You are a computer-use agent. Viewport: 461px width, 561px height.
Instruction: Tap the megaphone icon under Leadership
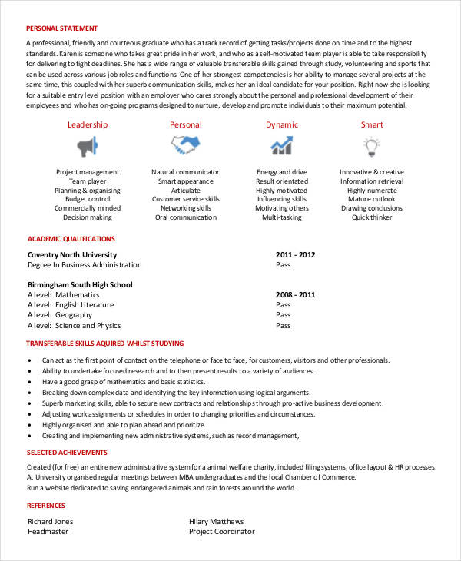pyautogui.click(x=87, y=144)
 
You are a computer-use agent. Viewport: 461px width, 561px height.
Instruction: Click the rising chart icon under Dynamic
pyautogui.click(x=281, y=144)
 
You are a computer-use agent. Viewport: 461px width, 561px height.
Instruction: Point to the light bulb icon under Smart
pyautogui.click(x=372, y=144)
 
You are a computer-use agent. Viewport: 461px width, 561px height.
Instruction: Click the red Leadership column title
pyautogui.click(x=87, y=124)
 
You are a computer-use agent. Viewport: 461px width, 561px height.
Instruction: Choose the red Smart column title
pyautogui.click(x=372, y=124)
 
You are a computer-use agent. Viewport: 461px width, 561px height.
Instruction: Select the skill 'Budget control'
pyautogui.click(x=87, y=199)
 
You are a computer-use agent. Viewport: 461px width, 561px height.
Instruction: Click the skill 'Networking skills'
pyautogui.click(x=185, y=208)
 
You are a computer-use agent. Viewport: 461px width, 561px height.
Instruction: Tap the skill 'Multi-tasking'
pyautogui.click(x=282, y=217)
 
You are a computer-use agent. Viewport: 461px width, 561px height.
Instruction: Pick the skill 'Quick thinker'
pyautogui.click(x=372, y=217)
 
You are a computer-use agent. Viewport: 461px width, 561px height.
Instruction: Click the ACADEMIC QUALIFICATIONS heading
pyautogui.click(x=71, y=239)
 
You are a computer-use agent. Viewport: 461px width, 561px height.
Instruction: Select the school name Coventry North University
pyautogui.click(x=72, y=254)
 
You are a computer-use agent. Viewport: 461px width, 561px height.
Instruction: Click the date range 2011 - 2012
pyautogui.click(x=295, y=254)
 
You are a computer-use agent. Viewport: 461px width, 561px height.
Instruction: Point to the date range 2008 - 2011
pyautogui.click(x=295, y=294)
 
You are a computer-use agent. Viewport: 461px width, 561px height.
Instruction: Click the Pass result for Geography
pyautogui.click(x=283, y=314)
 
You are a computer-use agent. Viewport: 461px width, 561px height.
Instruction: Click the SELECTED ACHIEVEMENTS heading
pyautogui.click(x=67, y=453)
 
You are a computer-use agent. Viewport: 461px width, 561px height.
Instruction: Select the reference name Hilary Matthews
pyautogui.click(x=216, y=521)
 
